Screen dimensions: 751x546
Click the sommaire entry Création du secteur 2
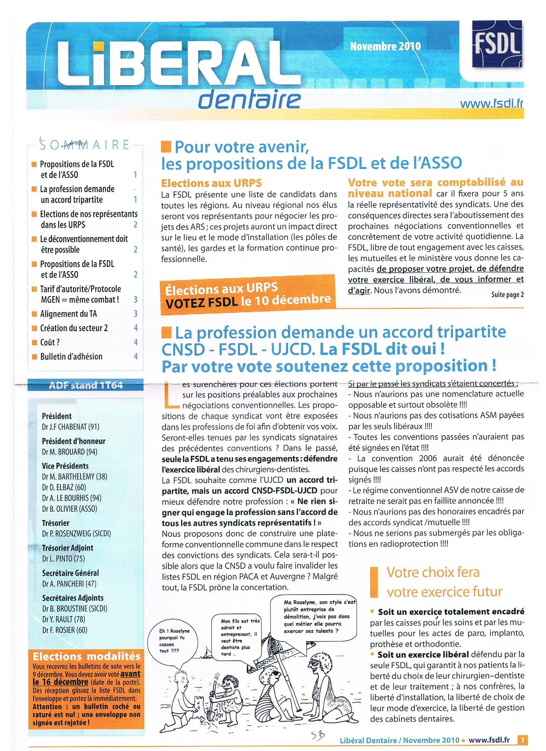(74, 328)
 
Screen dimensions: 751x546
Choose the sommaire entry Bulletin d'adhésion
(71, 356)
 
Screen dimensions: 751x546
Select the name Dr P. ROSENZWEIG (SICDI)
(76, 534)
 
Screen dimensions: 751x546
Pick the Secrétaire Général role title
(70, 573)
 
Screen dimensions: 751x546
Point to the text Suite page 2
(507, 295)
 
